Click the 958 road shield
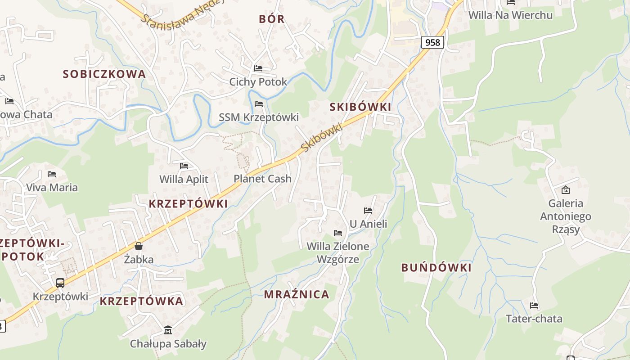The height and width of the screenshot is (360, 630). tap(432, 42)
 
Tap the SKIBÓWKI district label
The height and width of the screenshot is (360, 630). tap(360, 107)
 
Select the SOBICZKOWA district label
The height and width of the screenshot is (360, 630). tap(104, 74)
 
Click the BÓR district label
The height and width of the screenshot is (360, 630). tap(272, 19)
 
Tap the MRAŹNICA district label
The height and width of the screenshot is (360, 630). tap(297, 295)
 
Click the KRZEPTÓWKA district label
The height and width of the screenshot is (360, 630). tap(141, 301)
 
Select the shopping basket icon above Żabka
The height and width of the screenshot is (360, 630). tap(139, 246)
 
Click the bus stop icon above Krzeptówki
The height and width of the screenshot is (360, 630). tap(60, 283)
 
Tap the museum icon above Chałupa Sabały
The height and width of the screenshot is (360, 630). tap(168, 330)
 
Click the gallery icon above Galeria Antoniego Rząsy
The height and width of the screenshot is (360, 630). tap(566, 190)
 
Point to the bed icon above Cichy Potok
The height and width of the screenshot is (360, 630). tap(258, 68)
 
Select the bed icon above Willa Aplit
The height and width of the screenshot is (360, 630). tap(184, 166)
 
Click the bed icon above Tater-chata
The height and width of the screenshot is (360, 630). tap(534, 306)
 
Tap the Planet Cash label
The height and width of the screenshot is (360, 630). tap(262, 179)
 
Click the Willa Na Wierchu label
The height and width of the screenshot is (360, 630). tap(510, 15)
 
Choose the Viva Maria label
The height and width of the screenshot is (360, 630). tap(52, 187)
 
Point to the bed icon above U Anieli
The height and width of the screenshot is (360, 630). tap(368, 210)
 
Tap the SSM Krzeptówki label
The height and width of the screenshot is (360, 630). tap(259, 117)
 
